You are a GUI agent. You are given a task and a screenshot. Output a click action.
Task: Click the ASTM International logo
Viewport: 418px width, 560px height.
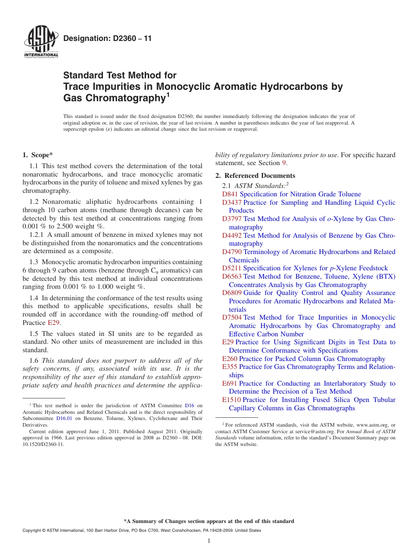pos(40,43)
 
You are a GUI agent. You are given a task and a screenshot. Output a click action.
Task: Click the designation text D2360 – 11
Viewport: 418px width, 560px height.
pos(107,38)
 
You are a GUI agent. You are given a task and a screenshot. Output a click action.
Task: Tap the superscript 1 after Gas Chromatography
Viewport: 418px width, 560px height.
pos(168,94)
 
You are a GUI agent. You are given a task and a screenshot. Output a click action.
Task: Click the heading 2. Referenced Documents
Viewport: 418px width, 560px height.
pos(255,176)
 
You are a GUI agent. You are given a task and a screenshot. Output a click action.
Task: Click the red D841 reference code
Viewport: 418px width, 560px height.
pos(230,194)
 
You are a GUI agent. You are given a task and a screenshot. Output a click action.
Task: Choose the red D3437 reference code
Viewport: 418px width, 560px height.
pos(232,203)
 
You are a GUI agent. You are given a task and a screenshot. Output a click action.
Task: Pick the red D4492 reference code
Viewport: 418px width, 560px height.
pos(232,236)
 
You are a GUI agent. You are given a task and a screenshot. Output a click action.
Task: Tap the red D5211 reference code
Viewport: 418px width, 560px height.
pos(231,268)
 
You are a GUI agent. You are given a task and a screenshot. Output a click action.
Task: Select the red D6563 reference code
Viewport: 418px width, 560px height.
pos(232,276)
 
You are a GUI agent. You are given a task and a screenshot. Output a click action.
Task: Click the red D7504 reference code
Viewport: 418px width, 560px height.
pos(232,317)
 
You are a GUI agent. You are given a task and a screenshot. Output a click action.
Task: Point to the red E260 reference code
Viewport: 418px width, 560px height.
pos(230,359)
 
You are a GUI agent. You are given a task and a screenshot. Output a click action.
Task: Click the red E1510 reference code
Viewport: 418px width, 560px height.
pos(231,400)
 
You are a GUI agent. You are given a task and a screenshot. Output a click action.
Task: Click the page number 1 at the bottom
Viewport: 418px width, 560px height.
pos(209,541)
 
